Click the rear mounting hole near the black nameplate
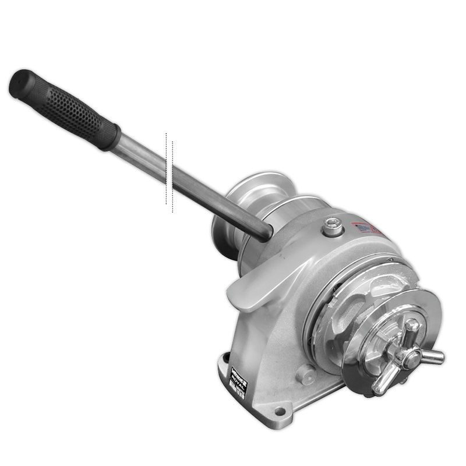(x=225, y=362)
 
